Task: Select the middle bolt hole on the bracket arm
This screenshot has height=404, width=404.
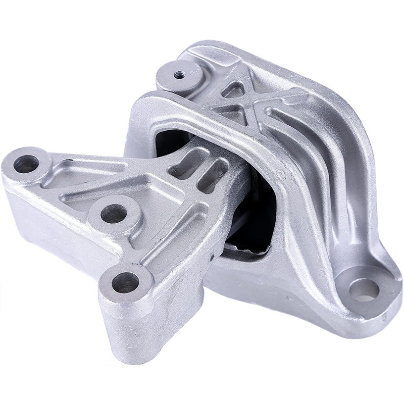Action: tap(113, 213)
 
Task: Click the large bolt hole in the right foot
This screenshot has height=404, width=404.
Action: tap(365, 290)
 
